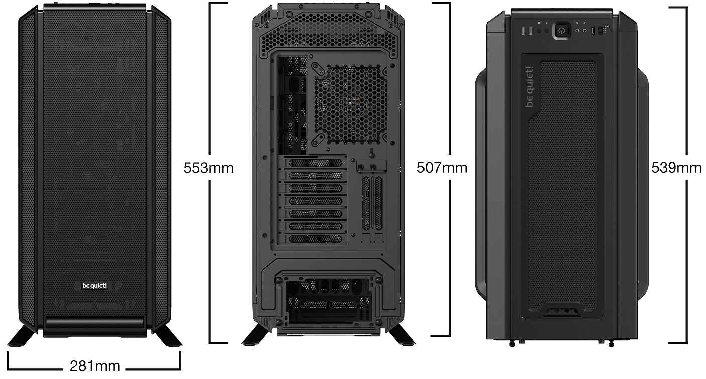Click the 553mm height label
pyautogui.click(x=208, y=168)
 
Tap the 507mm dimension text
pyautogui.click(x=442, y=168)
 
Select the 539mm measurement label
pyautogui.click(x=676, y=168)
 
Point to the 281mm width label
pyautogui.click(x=95, y=366)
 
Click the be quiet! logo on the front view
pyautogui.click(x=95, y=285)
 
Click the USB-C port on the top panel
pyautogui.click(x=593, y=30)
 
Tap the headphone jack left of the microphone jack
pyautogui.click(x=577, y=30)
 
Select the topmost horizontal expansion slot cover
pyautogui.click(x=315, y=163)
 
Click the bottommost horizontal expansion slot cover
pyautogui.click(x=315, y=239)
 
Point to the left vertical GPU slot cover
pyautogui.click(x=366, y=203)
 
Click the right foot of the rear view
pyautogui.click(x=401, y=334)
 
